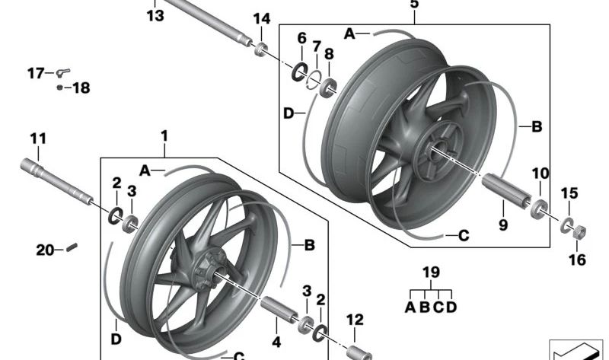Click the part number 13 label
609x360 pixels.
pyautogui.click(x=155, y=15)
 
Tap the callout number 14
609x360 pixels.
pyautogui.click(x=261, y=18)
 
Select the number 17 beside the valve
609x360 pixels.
pyautogui.click(x=36, y=73)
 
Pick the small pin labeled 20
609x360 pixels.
pyautogui.click(x=72, y=245)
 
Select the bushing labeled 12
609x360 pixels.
pyautogui.click(x=357, y=352)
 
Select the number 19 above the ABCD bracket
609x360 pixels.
pyautogui.click(x=432, y=272)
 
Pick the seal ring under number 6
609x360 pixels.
pyautogui.click(x=298, y=72)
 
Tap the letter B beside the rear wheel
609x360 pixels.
pyautogui.click(x=536, y=127)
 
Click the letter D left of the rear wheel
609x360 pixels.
pyautogui.click(x=289, y=113)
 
